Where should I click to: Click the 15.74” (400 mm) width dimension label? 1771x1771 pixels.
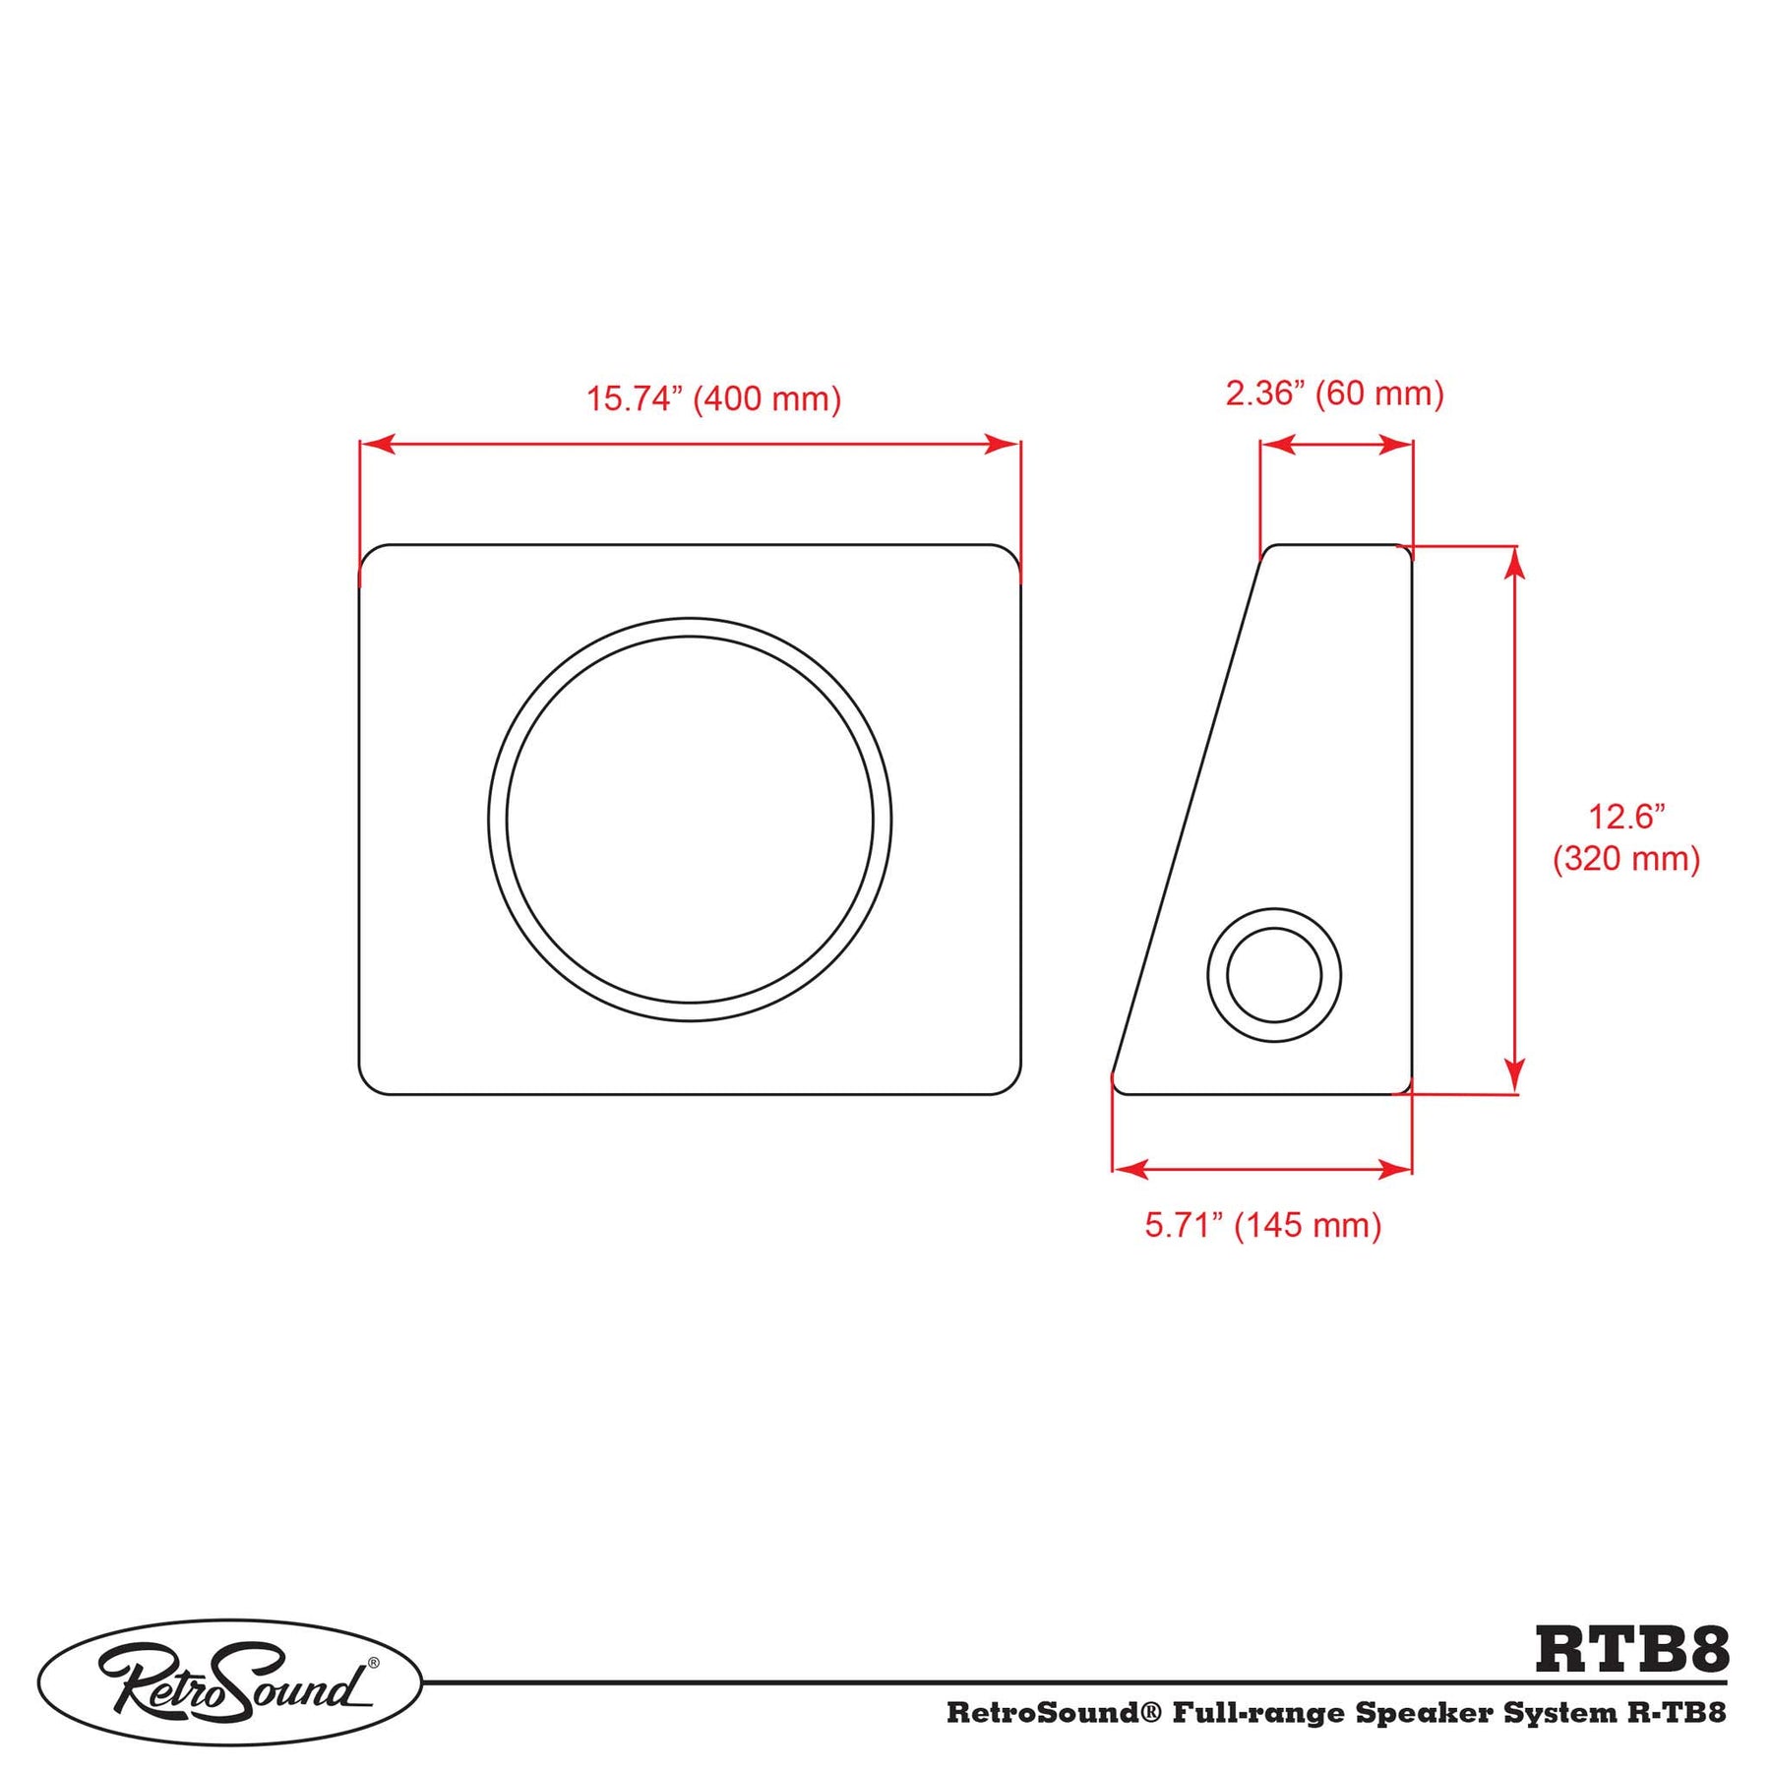click(x=714, y=399)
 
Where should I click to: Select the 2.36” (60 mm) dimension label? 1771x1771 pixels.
click(x=1334, y=394)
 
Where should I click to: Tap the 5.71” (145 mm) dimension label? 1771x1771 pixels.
click(x=1263, y=1225)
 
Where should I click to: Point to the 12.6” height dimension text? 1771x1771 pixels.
click(x=1627, y=817)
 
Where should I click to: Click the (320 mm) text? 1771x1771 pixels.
click(x=1626, y=859)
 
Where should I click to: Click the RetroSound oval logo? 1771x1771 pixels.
click(x=230, y=1683)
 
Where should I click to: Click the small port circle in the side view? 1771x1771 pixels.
click(x=1274, y=975)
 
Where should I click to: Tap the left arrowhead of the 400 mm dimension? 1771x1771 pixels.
click(x=378, y=444)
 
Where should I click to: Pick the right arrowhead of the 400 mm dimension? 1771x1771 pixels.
click(x=1003, y=444)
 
